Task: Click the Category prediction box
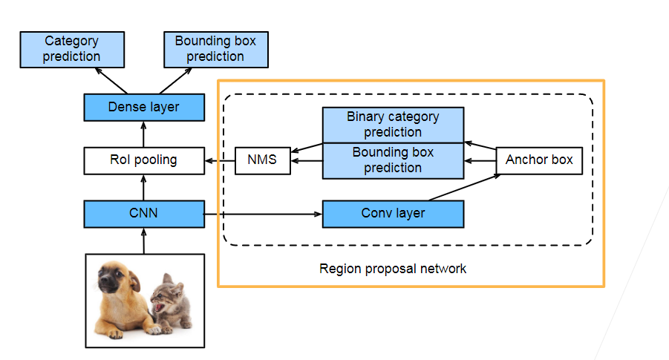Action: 71,49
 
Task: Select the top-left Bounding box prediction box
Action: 215,49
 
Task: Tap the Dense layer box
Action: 144,107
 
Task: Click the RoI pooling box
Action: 144,160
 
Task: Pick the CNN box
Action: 144,214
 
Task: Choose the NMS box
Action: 262,160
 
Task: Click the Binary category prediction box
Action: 393,125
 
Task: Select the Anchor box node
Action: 539,160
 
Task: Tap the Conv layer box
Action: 393,214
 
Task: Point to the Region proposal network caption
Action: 393,268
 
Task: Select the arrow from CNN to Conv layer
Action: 263,214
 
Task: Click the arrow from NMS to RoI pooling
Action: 220,160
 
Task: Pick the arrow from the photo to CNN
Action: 144,240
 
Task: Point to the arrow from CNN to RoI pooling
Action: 144,187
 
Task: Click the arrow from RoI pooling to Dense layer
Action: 144,134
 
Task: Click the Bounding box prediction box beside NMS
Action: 393,160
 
